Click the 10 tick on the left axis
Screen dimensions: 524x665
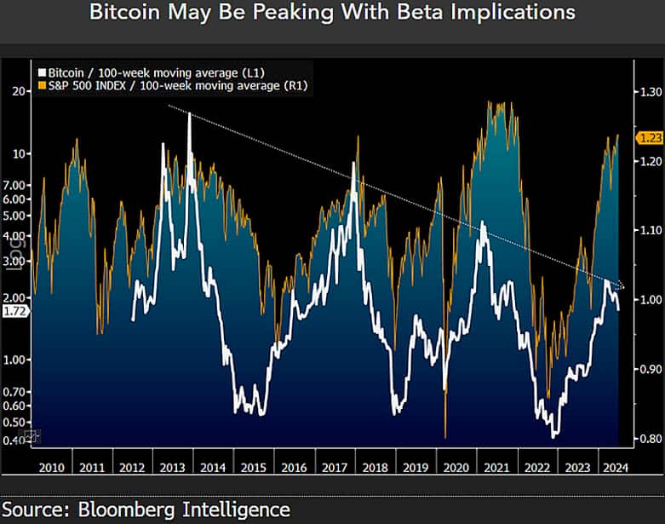pyautogui.click(x=20, y=153)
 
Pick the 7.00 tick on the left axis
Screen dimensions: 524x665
pyautogui.click(x=16, y=185)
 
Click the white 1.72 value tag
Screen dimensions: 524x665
pyautogui.click(x=15, y=312)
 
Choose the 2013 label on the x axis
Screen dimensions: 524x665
pyautogui.click(x=173, y=467)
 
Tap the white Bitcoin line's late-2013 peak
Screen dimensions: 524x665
pyautogui.click(x=189, y=113)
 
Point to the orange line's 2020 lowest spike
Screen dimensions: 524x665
pyautogui.click(x=445, y=436)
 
